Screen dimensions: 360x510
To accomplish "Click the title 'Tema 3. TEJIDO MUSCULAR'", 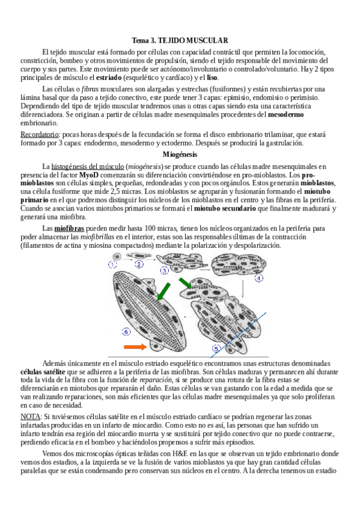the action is [x=180, y=40].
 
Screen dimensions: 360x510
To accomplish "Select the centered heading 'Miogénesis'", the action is [x=180, y=154].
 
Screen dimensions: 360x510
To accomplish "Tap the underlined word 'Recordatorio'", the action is [x=39, y=135].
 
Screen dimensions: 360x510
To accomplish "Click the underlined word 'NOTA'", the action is [x=30, y=417].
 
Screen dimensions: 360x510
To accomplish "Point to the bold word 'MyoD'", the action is [x=89, y=175].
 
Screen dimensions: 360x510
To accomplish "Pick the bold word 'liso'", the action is [x=213, y=78].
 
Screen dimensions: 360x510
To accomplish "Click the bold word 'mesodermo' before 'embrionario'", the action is [x=286, y=114].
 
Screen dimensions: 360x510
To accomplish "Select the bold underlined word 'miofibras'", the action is [x=69, y=229].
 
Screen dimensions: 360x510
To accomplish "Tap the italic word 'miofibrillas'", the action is [x=97, y=237].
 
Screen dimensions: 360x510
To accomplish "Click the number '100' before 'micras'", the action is [x=150, y=229].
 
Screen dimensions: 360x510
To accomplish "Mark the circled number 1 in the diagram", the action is [x=112, y=265].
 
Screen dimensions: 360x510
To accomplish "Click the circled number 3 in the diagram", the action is [x=165, y=270].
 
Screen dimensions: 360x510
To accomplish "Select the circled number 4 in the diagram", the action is [x=258, y=278].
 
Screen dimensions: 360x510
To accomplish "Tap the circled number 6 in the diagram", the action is [x=126, y=332].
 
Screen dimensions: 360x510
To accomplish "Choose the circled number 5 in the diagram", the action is [x=216, y=349].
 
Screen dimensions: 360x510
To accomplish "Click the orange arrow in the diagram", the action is [x=135, y=347].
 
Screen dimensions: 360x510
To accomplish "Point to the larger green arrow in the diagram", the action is [x=163, y=292].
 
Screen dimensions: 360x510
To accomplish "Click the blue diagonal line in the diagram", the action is [x=239, y=335].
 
